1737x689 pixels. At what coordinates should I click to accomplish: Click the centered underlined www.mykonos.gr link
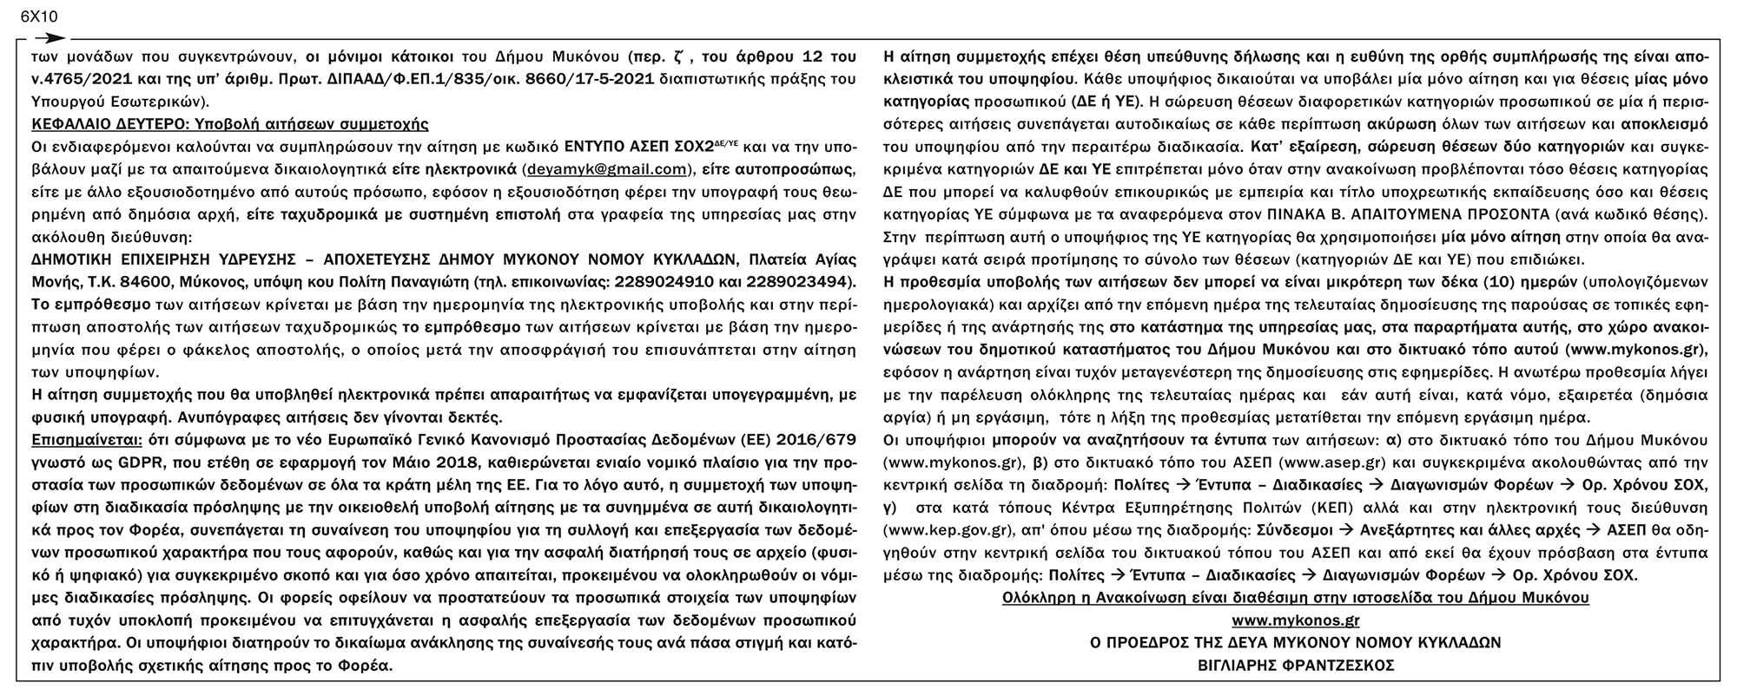1295,620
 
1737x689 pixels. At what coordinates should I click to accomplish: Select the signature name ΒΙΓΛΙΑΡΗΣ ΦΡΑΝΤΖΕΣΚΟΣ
1295,666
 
